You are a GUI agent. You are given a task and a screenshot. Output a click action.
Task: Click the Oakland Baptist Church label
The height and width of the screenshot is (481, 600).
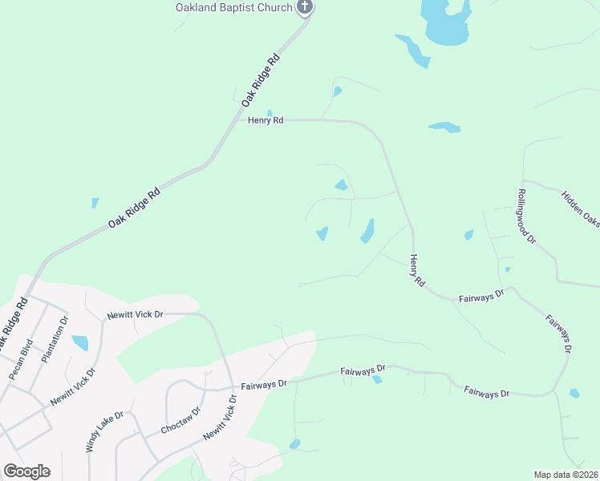tap(234, 8)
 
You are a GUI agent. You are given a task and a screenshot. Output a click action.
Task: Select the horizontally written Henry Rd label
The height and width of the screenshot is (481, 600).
tap(266, 120)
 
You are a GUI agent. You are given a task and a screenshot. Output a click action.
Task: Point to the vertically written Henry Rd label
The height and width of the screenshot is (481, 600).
tap(416, 271)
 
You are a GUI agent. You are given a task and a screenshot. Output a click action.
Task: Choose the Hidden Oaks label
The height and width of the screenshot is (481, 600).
tap(580, 208)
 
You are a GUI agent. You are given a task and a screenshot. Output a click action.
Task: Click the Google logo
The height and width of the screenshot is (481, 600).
tap(26, 471)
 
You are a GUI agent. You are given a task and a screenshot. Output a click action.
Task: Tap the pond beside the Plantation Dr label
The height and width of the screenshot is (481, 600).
tap(79, 343)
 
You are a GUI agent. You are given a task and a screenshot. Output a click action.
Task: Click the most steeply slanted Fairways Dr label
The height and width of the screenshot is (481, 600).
tap(558, 333)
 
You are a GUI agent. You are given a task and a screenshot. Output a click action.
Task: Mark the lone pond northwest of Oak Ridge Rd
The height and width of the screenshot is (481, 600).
tap(95, 203)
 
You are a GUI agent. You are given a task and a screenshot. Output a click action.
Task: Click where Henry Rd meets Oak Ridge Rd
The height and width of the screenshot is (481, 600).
tap(238, 121)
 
